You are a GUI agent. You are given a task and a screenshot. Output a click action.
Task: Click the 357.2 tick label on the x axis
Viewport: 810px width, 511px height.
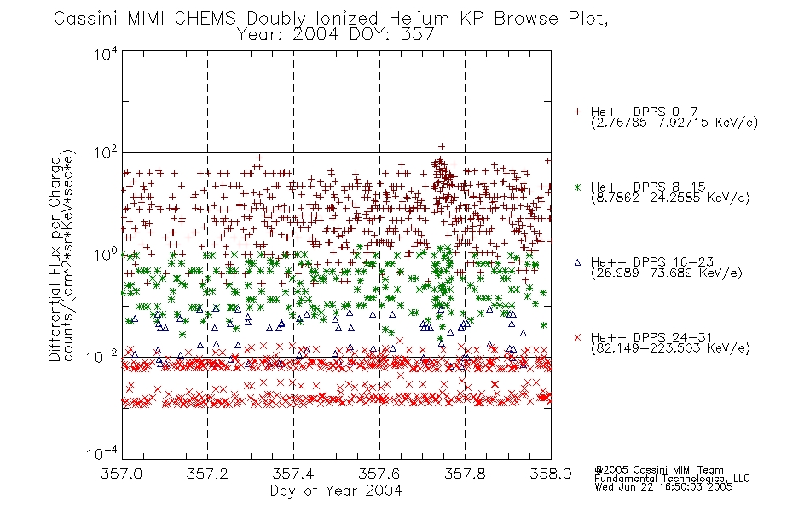207,474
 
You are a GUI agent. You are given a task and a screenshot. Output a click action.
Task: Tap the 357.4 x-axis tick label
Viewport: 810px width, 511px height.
293,474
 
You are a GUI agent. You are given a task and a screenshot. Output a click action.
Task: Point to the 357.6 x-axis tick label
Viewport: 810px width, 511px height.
379,474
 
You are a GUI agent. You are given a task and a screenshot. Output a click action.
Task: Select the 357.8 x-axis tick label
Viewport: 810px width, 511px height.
465,474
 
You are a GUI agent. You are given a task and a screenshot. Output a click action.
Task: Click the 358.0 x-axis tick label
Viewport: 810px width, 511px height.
551,474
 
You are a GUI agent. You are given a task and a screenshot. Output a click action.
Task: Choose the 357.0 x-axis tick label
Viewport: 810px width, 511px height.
122,474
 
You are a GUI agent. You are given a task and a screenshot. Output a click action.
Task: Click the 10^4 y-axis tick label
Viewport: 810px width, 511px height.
106,55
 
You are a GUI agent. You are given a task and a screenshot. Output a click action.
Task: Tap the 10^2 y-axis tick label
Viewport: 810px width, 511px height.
106,153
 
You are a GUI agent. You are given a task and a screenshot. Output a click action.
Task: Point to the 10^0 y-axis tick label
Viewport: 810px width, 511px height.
106,255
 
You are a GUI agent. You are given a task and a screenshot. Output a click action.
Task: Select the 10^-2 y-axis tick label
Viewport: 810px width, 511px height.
102,357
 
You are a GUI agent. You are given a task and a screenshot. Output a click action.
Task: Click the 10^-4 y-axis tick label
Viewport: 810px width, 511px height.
102,454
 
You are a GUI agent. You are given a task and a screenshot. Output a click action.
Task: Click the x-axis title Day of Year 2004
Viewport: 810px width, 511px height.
336,491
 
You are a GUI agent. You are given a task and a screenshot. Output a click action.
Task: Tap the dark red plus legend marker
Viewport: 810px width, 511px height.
577,112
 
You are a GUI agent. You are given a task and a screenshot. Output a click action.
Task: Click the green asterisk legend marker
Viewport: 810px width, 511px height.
577,187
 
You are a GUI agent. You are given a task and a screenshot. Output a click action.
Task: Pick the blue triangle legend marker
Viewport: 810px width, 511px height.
577,262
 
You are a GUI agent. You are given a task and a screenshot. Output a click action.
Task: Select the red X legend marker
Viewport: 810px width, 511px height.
577,337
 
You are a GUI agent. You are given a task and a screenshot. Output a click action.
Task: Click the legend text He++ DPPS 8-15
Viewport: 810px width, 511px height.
648,187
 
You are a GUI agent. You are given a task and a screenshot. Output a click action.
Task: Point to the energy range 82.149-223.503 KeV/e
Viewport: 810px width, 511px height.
670,348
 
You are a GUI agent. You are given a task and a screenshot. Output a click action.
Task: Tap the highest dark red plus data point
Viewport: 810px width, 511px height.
441,146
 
